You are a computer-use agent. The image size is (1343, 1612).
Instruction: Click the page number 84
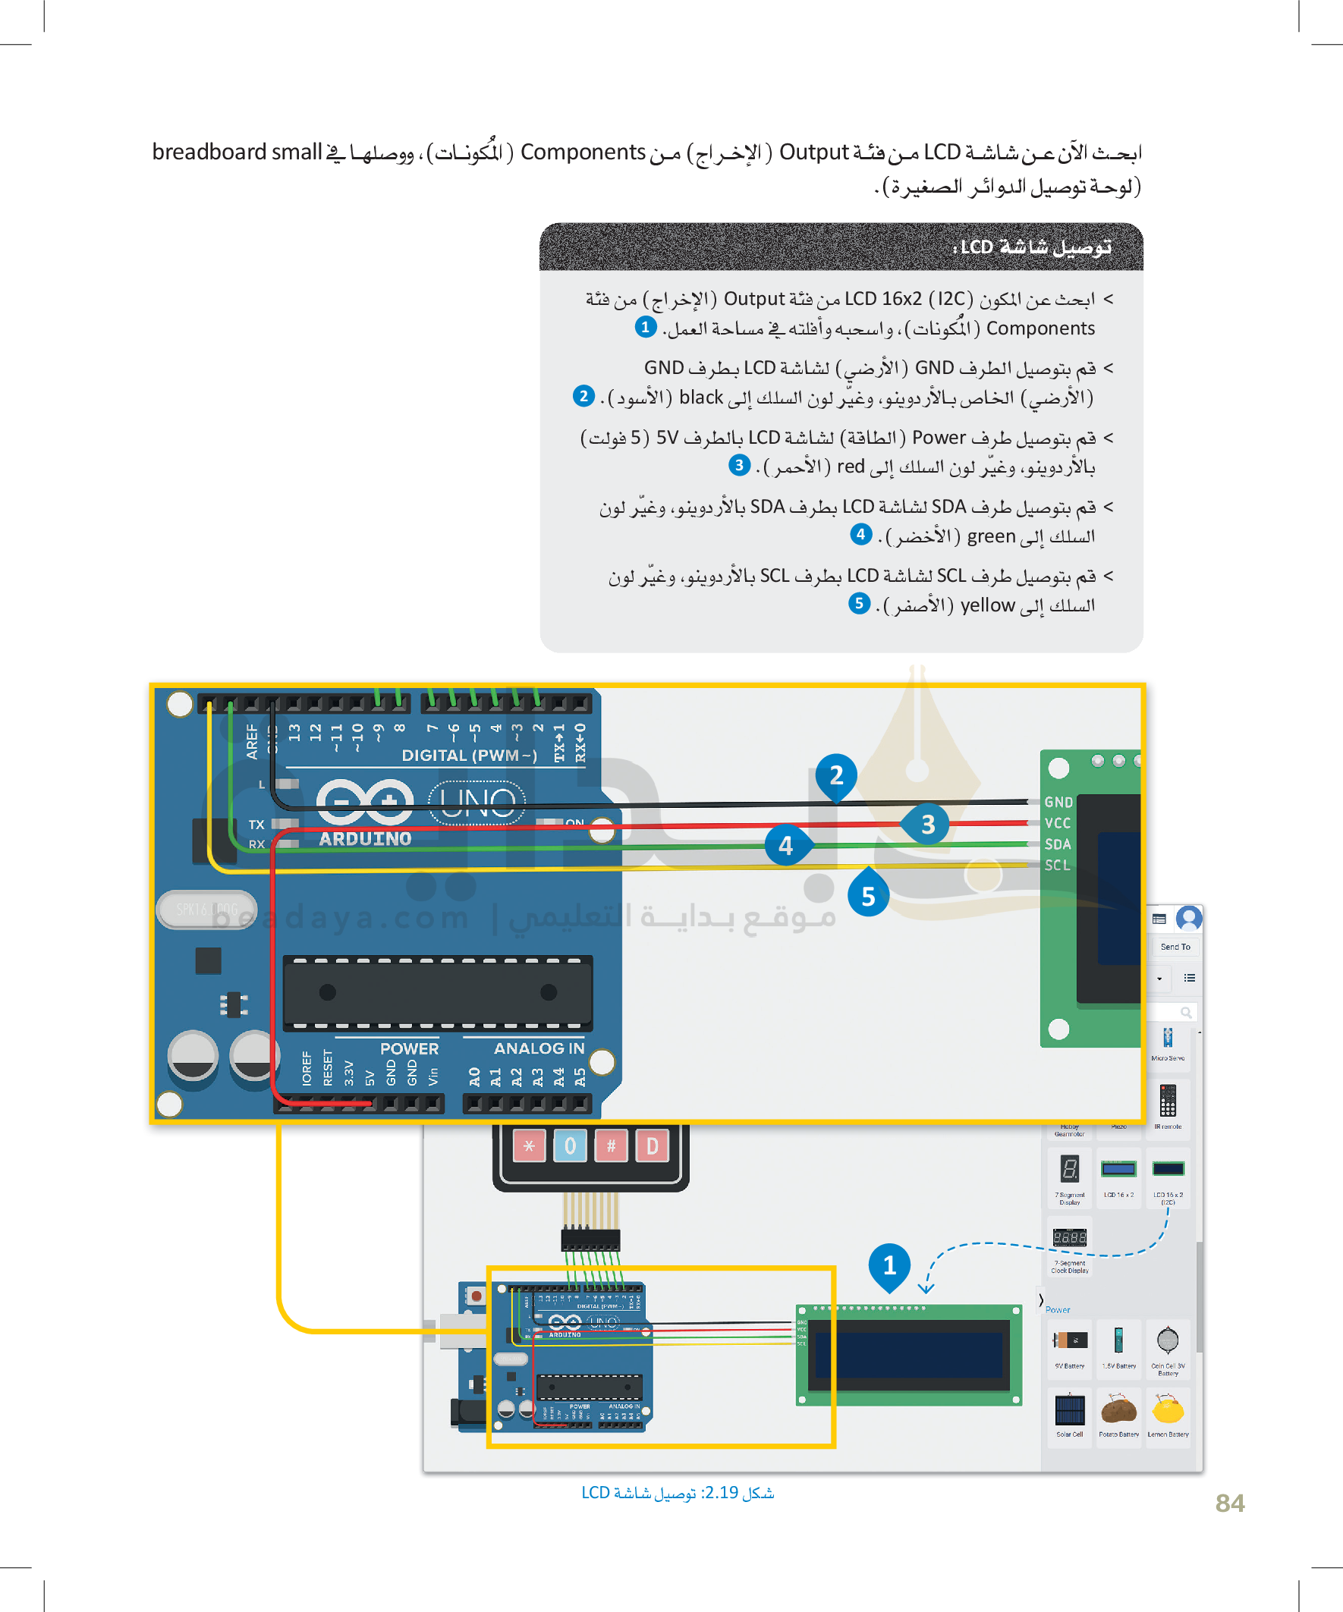(x=1229, y=1502)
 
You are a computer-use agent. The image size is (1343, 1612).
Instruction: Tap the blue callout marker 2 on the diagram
(x=836, y=775)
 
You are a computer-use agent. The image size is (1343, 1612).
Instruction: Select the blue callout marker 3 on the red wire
(x=928, y=825)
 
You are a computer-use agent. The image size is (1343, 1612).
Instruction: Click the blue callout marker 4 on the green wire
(x=785, y=845)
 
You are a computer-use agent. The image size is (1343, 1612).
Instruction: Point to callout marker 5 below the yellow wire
(x=868, y=896)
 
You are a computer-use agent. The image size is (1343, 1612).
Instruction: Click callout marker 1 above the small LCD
(x=889, y=1265)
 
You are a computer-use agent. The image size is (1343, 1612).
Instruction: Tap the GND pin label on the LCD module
(x=1058, y=802)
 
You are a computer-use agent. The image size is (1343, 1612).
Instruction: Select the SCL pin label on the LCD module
(x=1057, y=865)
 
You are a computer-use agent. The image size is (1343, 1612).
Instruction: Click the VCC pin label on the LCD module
(x=1058, y=823)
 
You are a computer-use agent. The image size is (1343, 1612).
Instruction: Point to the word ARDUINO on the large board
(x=366, y=839)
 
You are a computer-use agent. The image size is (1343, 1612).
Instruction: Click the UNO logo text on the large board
(x=476, y=803)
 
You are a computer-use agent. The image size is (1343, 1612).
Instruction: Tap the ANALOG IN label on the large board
(x=539, y=1048)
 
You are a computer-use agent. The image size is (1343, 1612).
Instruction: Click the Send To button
(x=1175, y=947)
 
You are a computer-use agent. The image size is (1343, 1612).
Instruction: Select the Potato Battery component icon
(x=1118, y=1411)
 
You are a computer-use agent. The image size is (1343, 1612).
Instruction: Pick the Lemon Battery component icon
(x=1168, y=1411)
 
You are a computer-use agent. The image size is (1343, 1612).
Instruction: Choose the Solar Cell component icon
(x=1070, y=1411)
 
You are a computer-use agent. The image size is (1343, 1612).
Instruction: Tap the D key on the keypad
(x=652, y=1146)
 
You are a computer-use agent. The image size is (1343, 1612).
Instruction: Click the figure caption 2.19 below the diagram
(x=678, y=1492)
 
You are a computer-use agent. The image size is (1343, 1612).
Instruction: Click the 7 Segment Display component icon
(x=1070, y=1170)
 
